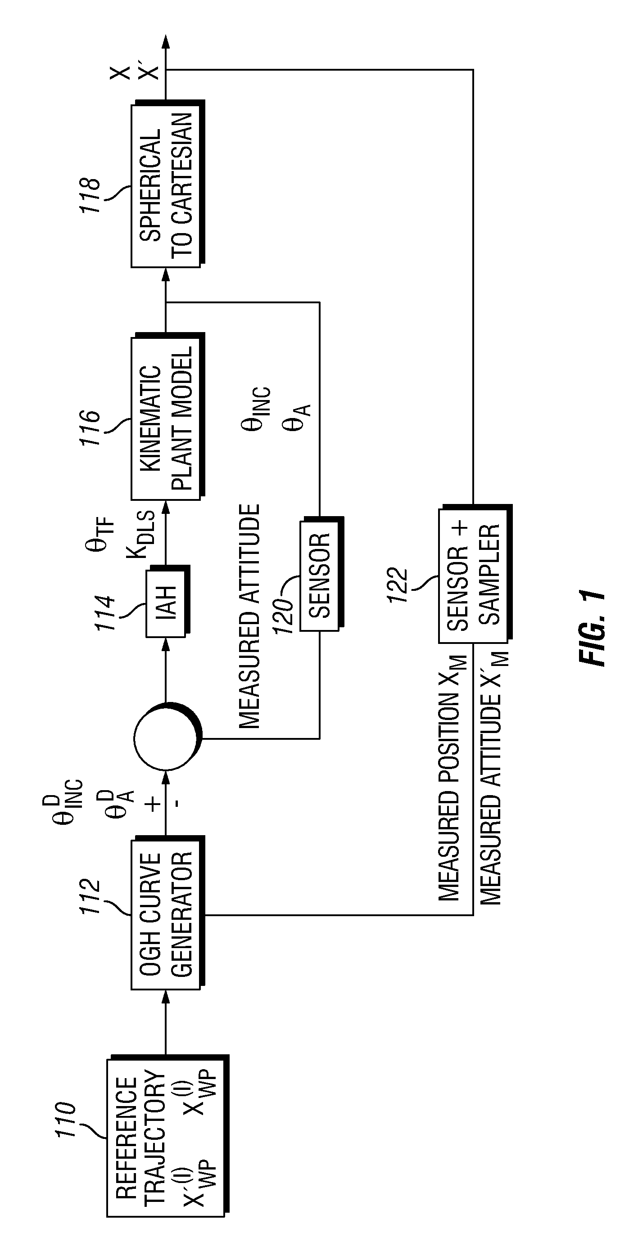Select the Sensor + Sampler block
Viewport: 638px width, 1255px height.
475,573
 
